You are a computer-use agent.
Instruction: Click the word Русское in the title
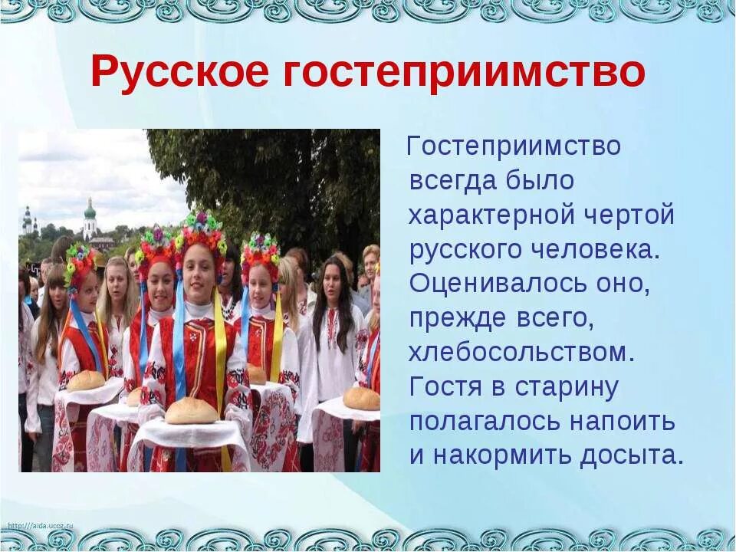point(180,72)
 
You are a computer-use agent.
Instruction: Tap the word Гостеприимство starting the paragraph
point(514,145)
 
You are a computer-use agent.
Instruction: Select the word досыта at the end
point(630,455)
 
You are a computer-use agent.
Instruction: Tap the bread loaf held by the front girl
point(192,412)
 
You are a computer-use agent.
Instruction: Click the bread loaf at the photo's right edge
point(362,398)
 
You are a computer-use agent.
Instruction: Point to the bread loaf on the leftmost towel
point(85,380)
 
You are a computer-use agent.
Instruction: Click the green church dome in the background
point(90,209)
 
